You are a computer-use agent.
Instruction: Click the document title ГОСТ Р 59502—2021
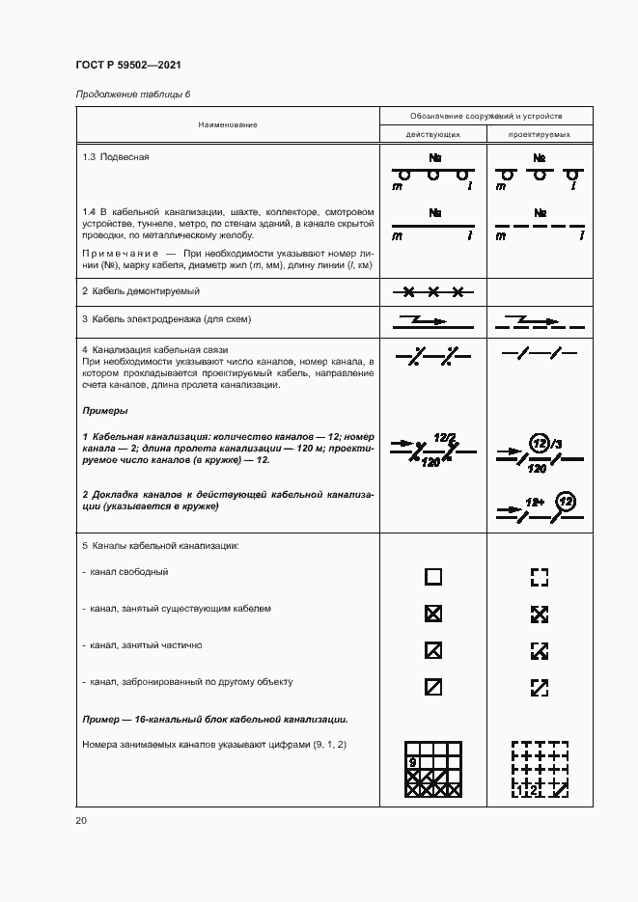128,66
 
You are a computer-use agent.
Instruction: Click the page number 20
81,820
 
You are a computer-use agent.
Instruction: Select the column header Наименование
229,124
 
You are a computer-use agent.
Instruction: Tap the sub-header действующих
432,134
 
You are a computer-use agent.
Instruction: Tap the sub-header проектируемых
539,134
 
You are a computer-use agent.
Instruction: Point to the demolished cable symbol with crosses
432,290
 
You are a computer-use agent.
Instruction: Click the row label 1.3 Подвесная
116,156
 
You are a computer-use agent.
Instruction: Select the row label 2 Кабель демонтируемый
140,290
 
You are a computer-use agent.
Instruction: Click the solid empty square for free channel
433,577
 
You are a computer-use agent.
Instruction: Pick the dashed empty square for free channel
540,577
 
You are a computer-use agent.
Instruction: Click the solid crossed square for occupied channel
433,614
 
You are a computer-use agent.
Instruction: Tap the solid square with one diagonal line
433,687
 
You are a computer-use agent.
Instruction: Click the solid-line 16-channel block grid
433,770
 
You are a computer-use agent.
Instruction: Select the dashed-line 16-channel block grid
540,770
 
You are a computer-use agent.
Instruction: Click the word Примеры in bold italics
105,410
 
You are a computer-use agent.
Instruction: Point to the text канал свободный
129,572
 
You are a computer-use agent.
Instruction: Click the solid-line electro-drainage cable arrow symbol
432,319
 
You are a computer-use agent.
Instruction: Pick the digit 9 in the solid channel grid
413,762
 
